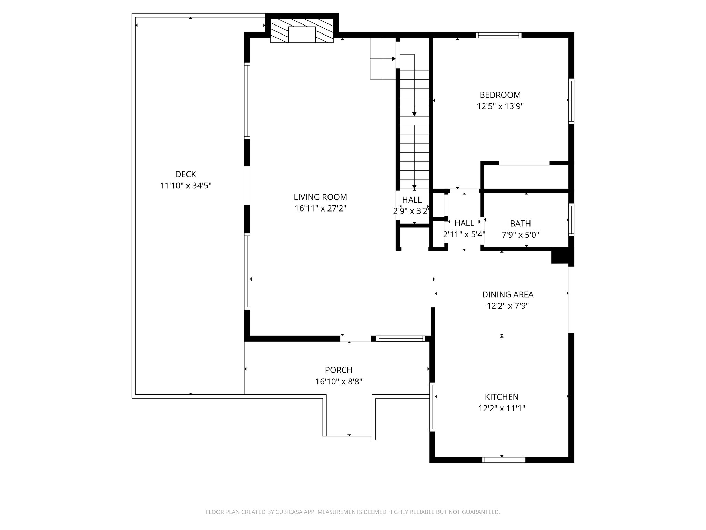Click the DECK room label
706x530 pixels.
[x=185, y=174]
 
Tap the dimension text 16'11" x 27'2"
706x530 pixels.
[x=320, y=208]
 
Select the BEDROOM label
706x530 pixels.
[x=500, y=95]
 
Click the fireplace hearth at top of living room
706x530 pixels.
[x=302, y=35]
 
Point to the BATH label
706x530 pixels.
[x=520, y=224]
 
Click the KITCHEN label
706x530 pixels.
[x=502, y=397]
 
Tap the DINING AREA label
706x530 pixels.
[x=507, y=295]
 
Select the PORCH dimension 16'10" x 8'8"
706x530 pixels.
[x=339, y=382]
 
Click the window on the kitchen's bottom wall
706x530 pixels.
[x=504, y=460]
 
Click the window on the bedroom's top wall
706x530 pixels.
[x=498, y=35]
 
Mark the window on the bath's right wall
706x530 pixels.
[x=571, y=220]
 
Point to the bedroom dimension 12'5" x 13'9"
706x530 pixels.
[x=500, y=106]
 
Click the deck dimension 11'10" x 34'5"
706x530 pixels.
[x=185, y=186]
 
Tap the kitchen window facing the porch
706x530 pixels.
[x=432, y=407]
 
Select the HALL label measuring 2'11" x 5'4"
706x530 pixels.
[x=464, y=223]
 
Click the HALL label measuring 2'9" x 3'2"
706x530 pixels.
[x=412, y=200]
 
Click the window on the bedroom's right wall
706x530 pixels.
[x=571, y=101]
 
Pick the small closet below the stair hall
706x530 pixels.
[x=415, y=238]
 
